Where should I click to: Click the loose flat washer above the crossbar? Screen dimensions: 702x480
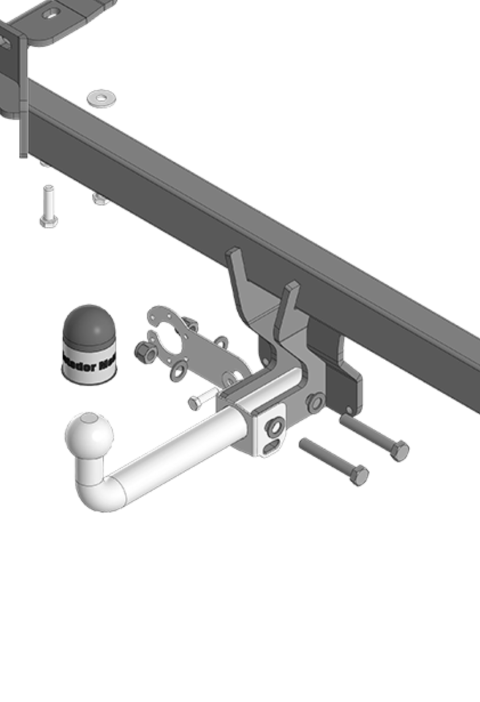pyautogui.click(x=101, y=98)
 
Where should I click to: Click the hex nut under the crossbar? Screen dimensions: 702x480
pyautogui.click(x=99, y=199)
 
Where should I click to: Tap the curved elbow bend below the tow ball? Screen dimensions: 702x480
pyautogui.click(x=100, y=490)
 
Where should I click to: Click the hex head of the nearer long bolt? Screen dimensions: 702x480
pyautogui.click(x=359, y=475)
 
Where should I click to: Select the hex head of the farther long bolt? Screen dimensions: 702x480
pyautogui.click(x=399, y=451)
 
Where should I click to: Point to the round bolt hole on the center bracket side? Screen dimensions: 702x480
pyautogui.click(x=315, y=402)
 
